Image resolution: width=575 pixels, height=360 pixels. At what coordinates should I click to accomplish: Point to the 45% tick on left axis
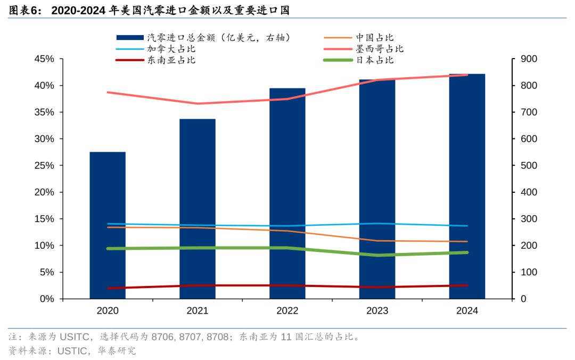coord(44,59)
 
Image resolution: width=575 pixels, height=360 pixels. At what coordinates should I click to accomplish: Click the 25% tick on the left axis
coord(44,166)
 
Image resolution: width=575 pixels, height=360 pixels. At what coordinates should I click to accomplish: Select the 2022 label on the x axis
coord(287,311)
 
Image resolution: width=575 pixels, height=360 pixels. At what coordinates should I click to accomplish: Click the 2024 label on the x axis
coord(467,311)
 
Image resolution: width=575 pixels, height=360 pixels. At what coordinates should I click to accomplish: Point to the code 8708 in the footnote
coord(217,337)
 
